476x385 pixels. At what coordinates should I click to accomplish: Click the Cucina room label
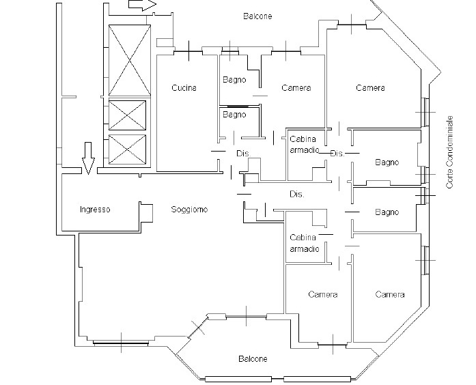click(184, 87)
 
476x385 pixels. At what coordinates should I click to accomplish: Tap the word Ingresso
click(95, 210)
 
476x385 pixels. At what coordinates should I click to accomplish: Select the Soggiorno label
click(189, 210)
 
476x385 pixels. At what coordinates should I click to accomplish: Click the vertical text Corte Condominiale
click(449, 152)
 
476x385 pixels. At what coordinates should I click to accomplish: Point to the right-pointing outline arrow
click(142, 5)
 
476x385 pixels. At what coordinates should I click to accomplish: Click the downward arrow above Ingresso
click(88, 158)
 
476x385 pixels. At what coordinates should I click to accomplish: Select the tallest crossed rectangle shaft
click(130, 60)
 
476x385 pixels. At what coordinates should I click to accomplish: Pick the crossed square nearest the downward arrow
click(127, 149)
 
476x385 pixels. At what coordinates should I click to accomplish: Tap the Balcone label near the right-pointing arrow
click(257, 16)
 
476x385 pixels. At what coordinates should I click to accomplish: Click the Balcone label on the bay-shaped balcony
click(253, 359)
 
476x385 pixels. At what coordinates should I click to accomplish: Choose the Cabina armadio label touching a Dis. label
click(305, 145)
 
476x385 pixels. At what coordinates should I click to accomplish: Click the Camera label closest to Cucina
click(296, 87)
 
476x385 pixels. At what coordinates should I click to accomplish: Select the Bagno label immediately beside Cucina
click(234, 80)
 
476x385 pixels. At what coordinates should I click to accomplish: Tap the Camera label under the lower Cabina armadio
click(323, 294)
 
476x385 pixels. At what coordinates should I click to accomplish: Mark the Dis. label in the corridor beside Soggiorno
click(297, 194)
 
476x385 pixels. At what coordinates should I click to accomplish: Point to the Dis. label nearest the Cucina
click(244, 154)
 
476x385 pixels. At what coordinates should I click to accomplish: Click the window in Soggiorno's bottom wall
click(121, 343)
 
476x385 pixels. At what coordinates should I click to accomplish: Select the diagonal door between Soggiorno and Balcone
click(199, 327)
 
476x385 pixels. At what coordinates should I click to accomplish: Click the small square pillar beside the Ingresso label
click(146, 213)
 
